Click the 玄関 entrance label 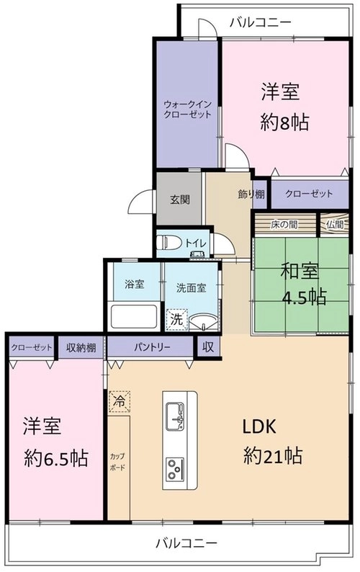[x=180, y=200]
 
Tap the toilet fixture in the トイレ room [x=169, y=243]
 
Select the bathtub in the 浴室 [x=134, y=316]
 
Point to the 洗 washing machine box [x=177, y=320]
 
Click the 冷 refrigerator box [x=119, y=401]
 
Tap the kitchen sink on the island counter [x=175, y=416]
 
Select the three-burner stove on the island [x=175, y=468]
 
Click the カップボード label [x=117, y=462]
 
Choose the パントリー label [x=152, y=347]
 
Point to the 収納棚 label [x=81, y=347]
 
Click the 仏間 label [x=335, y=224]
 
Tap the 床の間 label [x=284, y=224]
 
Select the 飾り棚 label [x=251, y=195]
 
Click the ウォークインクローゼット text [x=187, y=110]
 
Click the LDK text [x=260, y=426]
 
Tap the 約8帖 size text [x=285, y=122]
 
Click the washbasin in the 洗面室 [x=204, y=322]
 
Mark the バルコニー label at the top [x=261, y=22]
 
